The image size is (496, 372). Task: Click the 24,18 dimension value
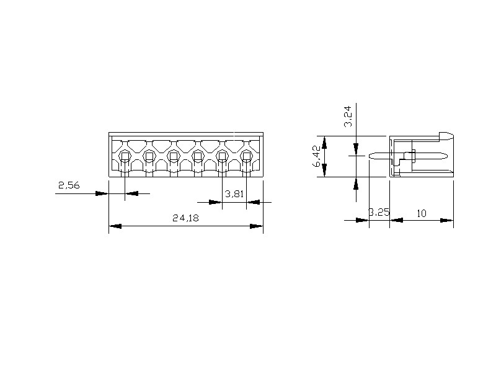coord(185,218)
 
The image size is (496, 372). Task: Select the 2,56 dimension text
coord(69,185)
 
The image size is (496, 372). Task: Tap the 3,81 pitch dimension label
coord(234,193)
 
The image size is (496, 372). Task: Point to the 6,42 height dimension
coord(317,156)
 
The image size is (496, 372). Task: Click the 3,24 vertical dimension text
coord(348,117)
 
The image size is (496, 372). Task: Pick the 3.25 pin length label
coord(379,212)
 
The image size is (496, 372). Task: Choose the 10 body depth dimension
coord(422,213)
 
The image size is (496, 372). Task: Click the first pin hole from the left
coord(125,156)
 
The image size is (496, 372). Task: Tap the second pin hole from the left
coord(149,156)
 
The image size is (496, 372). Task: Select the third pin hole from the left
coord(174,156)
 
